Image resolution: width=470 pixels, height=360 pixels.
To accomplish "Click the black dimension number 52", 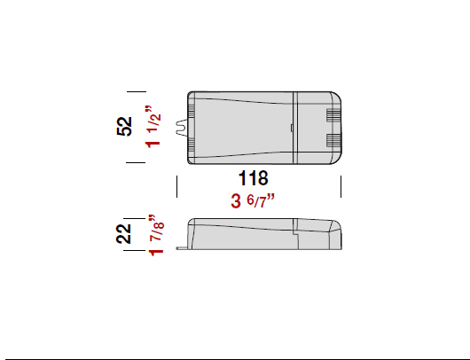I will (x=125, y=127).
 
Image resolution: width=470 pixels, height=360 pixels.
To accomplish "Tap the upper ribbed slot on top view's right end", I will (x=333, y=115).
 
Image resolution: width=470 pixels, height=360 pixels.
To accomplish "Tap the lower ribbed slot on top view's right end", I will (x=333, y=140).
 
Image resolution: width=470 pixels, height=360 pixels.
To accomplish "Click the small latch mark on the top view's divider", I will (x=294, y=128).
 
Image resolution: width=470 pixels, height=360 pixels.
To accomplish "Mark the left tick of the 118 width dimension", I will (x=177, y=186).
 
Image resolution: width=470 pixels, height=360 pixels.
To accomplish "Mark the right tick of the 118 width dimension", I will (x=341, y=186).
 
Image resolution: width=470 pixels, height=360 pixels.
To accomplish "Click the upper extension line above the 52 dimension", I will (x=135, y=90).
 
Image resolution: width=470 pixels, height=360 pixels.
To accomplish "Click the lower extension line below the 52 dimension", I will (x=135, y=163).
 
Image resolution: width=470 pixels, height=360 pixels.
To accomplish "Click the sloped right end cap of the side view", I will (x=336, y=234).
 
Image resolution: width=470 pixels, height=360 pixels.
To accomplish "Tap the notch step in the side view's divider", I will (x=295, y=231).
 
